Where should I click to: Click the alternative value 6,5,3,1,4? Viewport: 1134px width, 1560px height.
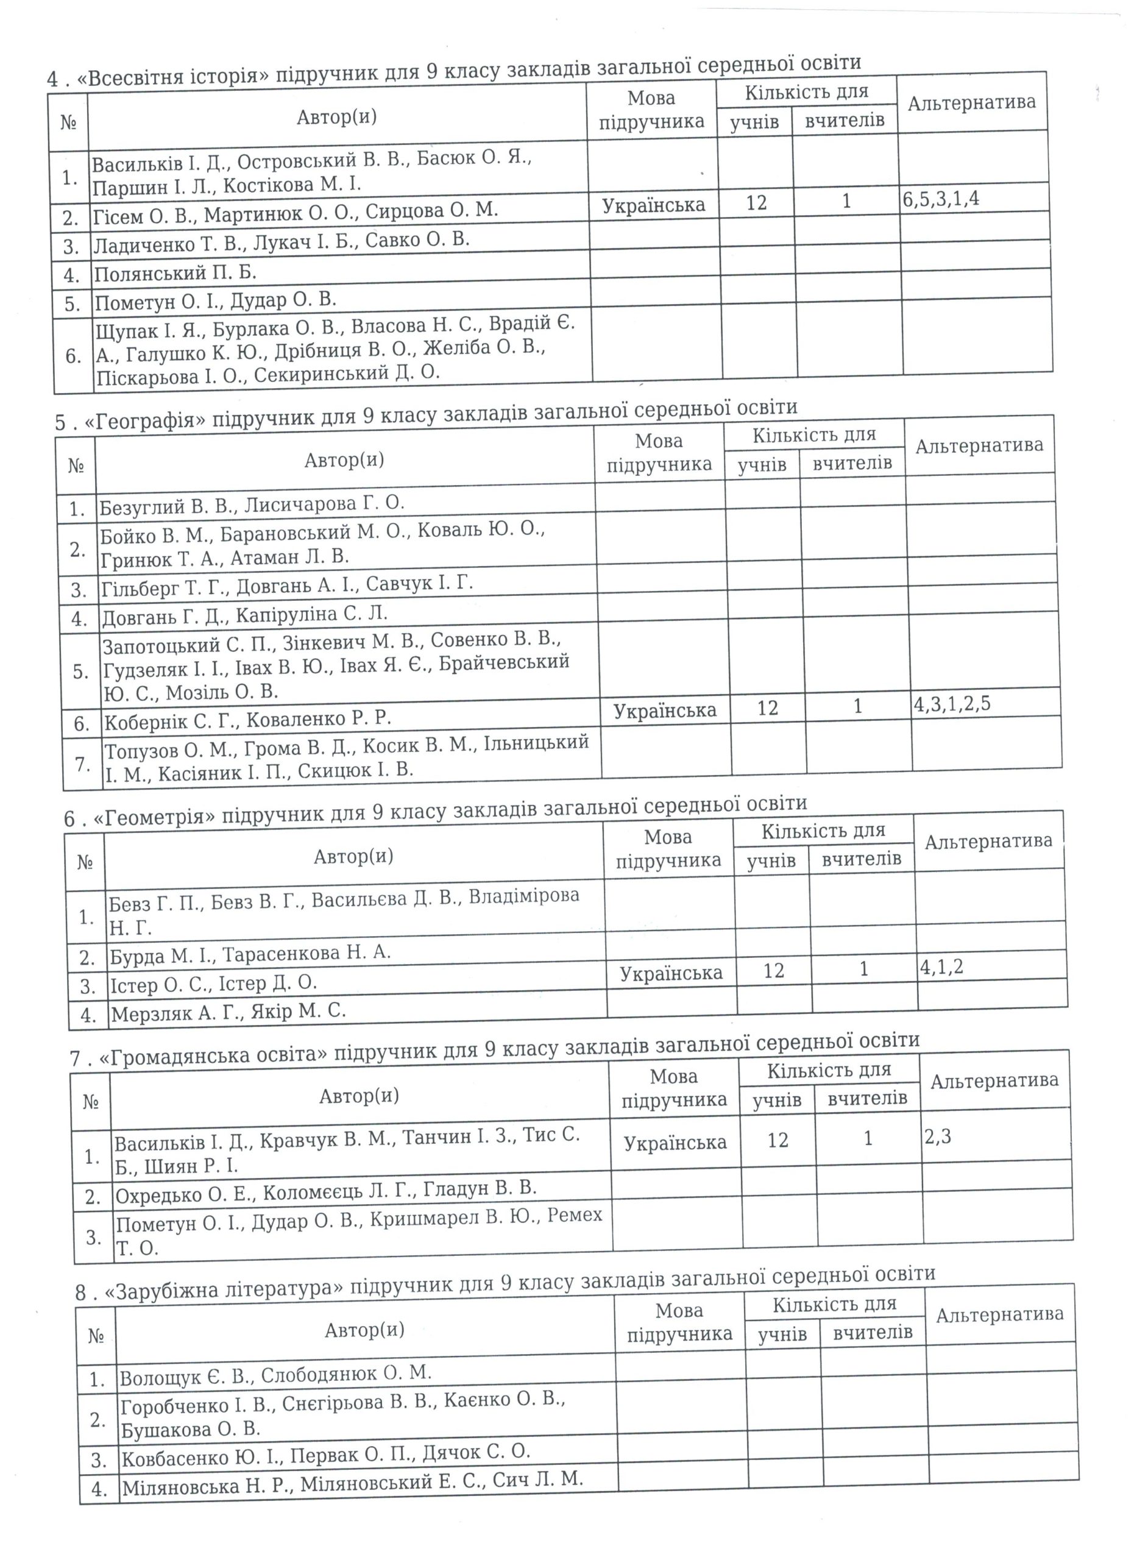(940, 199)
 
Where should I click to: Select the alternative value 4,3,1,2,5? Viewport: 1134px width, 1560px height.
(952, 704)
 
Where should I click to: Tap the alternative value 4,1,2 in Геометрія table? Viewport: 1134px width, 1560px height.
(941, 967)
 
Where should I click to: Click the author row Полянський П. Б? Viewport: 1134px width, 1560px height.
(175, 273)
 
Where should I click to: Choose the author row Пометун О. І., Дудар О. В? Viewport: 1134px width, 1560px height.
(215, 300)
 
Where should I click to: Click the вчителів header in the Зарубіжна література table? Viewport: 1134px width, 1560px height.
(873, 1332)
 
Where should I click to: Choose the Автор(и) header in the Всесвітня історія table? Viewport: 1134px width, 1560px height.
(337, 117)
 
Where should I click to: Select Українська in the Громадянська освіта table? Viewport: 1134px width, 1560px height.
(675, 1143)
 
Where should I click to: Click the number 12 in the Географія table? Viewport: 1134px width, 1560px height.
(767, 707)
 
